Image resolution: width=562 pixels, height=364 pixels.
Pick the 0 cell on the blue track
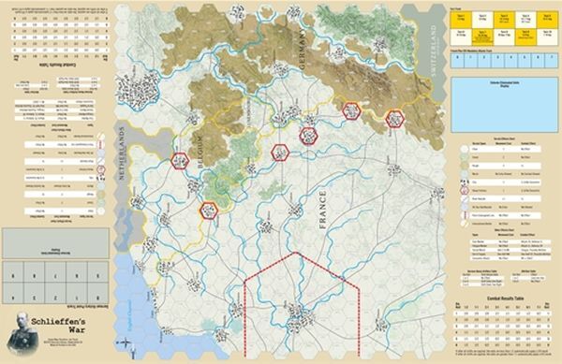point(458,56)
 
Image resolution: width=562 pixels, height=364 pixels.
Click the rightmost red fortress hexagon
point(394,119)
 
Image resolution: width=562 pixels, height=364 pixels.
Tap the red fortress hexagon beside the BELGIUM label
point(181,160)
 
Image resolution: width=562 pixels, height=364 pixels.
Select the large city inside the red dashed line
point(297,315)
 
